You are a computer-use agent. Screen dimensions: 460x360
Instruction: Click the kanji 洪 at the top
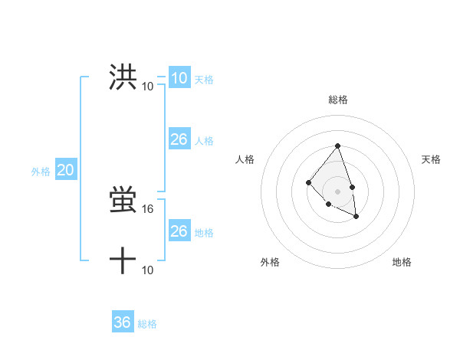(x=123, y=77)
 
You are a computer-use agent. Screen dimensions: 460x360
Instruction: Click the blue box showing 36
(x=123, y=322)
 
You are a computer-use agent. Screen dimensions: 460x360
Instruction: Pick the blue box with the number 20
(x=65, y=171)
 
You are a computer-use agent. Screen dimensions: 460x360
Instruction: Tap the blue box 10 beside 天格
(x=179, y=78)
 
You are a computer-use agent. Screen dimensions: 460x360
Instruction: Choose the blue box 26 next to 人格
(x=179, y=139)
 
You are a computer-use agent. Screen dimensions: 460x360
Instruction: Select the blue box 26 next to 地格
(x=179, y=231)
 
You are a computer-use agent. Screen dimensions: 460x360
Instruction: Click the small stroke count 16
(x=148, y=208)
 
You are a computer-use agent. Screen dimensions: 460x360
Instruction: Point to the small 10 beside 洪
(x=147, y=86)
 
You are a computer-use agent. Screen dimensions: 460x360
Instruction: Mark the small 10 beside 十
(x=148, y=270)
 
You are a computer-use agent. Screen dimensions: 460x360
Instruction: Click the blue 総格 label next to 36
(x=147, y=324)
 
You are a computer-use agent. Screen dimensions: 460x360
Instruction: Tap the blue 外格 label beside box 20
(x=41, y=172)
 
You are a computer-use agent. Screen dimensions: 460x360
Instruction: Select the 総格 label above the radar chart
(x=337, y=100)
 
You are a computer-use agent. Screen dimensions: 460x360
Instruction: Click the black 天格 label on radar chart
(x=432, y=159)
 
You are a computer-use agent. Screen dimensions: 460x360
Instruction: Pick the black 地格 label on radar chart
(x=402, y=262)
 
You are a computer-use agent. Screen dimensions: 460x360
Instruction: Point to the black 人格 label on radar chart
(x=245, y=159)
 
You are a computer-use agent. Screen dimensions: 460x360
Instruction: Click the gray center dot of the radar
(x=337, y=191)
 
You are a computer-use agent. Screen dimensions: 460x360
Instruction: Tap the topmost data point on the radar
(x=337, y=146)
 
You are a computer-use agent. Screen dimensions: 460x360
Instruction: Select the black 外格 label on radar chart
(x=270, y=262)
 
